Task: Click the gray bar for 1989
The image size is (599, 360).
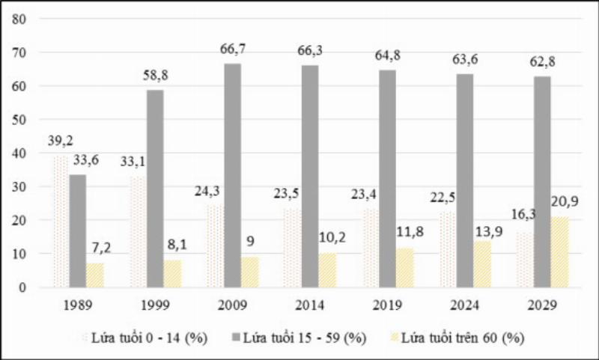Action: (77, 231)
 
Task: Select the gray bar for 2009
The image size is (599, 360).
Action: (232, 175)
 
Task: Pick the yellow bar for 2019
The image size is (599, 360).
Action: (404, 267)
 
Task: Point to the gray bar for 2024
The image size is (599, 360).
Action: (464, 180)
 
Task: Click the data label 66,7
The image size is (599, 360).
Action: (232, 49)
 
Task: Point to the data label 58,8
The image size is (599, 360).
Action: (155, 76)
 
